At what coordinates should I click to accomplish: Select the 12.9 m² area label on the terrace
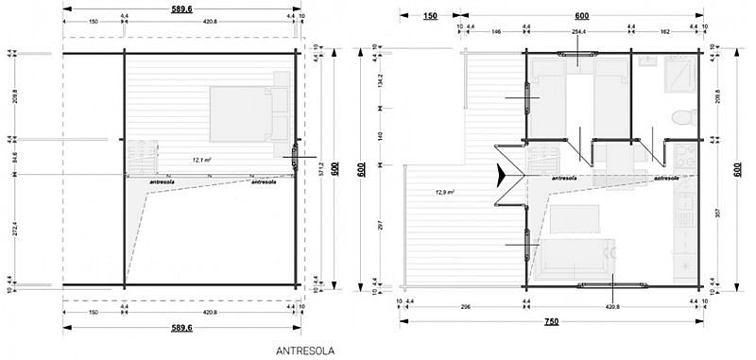click(445, 192)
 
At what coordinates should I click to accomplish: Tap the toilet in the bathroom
click(677, 116)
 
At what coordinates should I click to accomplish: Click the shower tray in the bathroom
click(679, 71)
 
